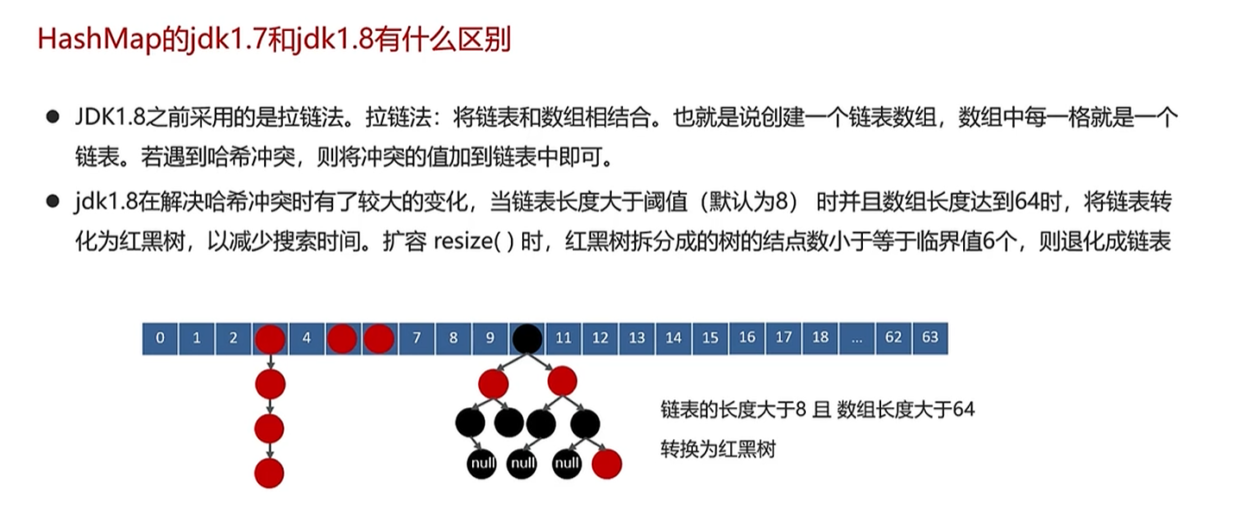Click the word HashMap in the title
pyautogui.click(x=96, y=41)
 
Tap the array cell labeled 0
pyautogui.click(x=160, y=338)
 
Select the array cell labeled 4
pyautogui.click(x=306, y=338)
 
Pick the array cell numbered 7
pyautogui.click(x=417, y=338)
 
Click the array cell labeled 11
pyautogui.click(x=563, y=338)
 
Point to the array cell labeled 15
pyautogui.click(x=710, y=338)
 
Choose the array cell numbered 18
pyautogui.click(x=820, y=338)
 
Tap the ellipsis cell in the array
pyautogui.click(x=856, y=338)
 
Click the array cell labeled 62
pyautogui.click(x=893, y=338)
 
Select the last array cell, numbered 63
pyautogui.click(x=929, y=338)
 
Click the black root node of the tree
pyautogui.click(x=526, y=338)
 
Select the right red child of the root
pyautogui.click(x=561, y=380)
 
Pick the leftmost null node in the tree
pyautogui.click(x=482, y=464)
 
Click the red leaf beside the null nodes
pyautogui.click(x=607, y=464)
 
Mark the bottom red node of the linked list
pyautogui.click(x=270, y=472)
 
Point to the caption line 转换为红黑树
pyautogui.click(x=718, y=449)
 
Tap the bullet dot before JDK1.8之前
pyautogui.click(x=53, y=116)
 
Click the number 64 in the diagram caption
pyautogui.click(x=963, y=410)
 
